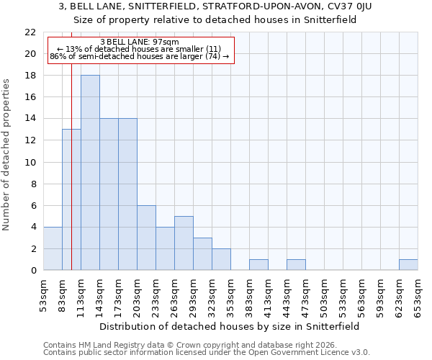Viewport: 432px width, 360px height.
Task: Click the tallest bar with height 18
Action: tap(90, 173)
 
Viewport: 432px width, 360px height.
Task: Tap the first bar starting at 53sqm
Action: tap(53, 248)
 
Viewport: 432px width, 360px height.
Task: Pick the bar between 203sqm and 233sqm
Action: tap(146, 238)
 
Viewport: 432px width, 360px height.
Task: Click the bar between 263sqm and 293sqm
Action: tap(184, 243)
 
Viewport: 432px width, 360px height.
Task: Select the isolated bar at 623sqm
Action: tap(408, 264)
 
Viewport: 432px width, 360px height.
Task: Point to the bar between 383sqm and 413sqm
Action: tap(258, 264)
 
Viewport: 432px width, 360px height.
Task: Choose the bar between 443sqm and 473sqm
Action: tap(296, 264)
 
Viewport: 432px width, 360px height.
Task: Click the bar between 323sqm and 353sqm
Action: tap(221, 259)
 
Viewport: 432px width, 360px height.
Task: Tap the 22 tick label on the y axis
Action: tap(30, 32)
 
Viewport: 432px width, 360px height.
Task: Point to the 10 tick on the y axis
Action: tap(30, 163)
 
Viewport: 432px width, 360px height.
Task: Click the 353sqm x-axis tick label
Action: tap(230, 296)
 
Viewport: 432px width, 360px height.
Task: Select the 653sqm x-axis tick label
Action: tap(418, 296)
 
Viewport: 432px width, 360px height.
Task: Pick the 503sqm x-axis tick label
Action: tap(324, 296)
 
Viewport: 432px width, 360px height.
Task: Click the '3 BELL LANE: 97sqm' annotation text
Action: tap(145, 42)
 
